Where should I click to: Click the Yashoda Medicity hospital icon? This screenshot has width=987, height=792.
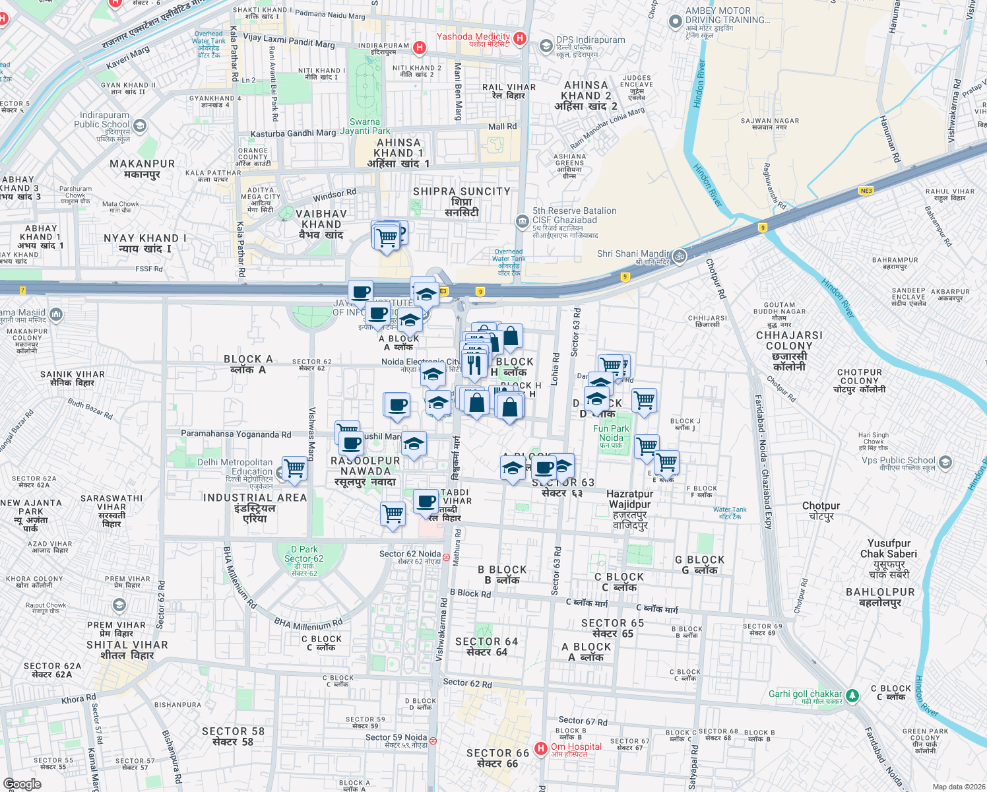click(x=520, y=38)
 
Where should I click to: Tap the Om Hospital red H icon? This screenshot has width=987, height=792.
click(x=541, y=748)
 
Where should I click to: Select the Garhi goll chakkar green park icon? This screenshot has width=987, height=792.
click(x=852, y=696)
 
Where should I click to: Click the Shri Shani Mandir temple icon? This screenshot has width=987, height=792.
click(x=680, y=256)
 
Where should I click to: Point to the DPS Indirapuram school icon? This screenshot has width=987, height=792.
click(x=546, y=46)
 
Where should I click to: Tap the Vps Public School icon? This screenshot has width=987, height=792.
click(x=945, y=462)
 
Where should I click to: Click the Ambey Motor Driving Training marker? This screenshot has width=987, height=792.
click(x=675, y=22)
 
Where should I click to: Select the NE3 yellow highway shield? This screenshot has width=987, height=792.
click(x=866, y=191)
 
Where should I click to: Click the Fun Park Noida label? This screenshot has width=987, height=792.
click(x=611, y=434)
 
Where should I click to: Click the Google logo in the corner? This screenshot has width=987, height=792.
click(x=22, y=784)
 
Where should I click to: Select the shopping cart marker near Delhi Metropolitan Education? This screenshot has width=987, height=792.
click(x=295, y=469)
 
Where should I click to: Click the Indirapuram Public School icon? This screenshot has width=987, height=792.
click(x=140, y=124)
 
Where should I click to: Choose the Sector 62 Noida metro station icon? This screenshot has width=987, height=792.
click(x=447, y=558)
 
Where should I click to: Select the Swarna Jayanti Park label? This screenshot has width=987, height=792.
click(x=365, y=126)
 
